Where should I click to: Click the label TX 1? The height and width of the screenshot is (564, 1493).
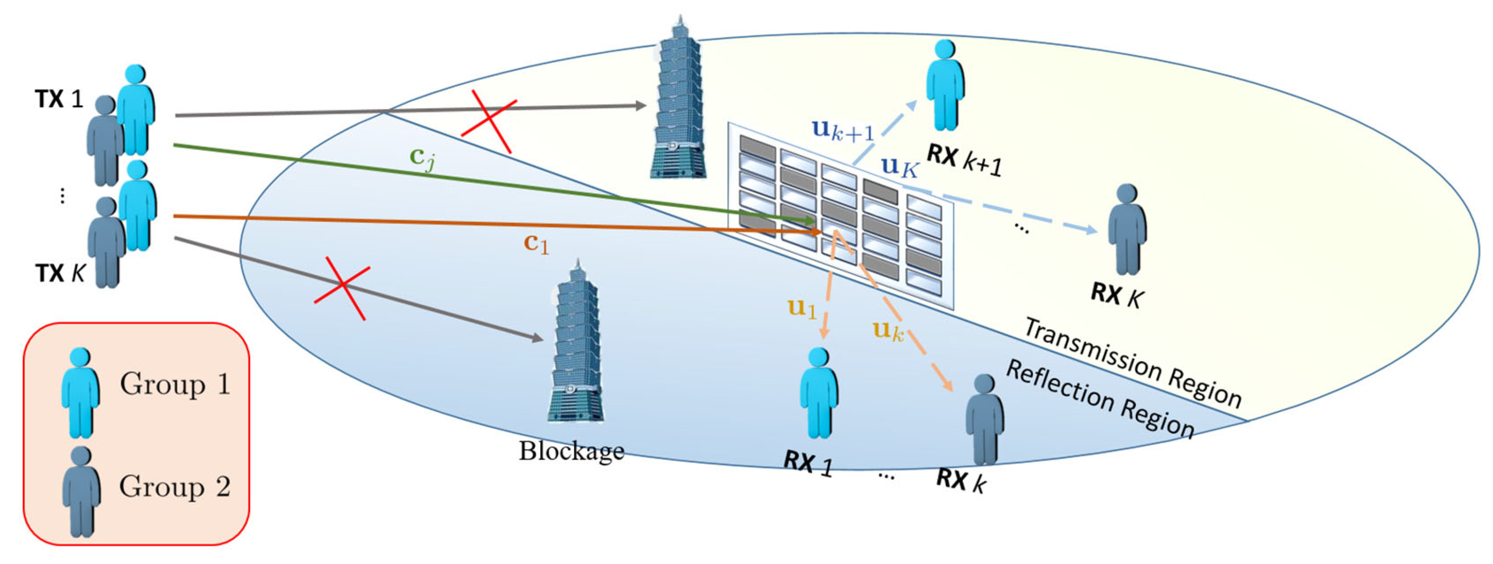(x=59, y=100)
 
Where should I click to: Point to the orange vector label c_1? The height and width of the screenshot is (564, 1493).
(x=535, y=244)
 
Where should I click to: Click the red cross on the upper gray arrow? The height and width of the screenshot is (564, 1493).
(x=489, y=126)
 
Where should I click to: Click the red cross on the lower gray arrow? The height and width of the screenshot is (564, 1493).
(x=342, y=289)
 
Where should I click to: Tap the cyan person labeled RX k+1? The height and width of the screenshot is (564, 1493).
(x=945, y=85)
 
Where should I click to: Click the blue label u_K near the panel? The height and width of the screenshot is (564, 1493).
(x=900, y=168)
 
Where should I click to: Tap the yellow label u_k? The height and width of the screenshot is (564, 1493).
(x=888, y=331)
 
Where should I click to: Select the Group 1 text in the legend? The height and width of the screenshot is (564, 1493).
(x=175, y=384)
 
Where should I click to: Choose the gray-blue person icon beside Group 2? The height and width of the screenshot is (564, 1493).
(x=81, y=491)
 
